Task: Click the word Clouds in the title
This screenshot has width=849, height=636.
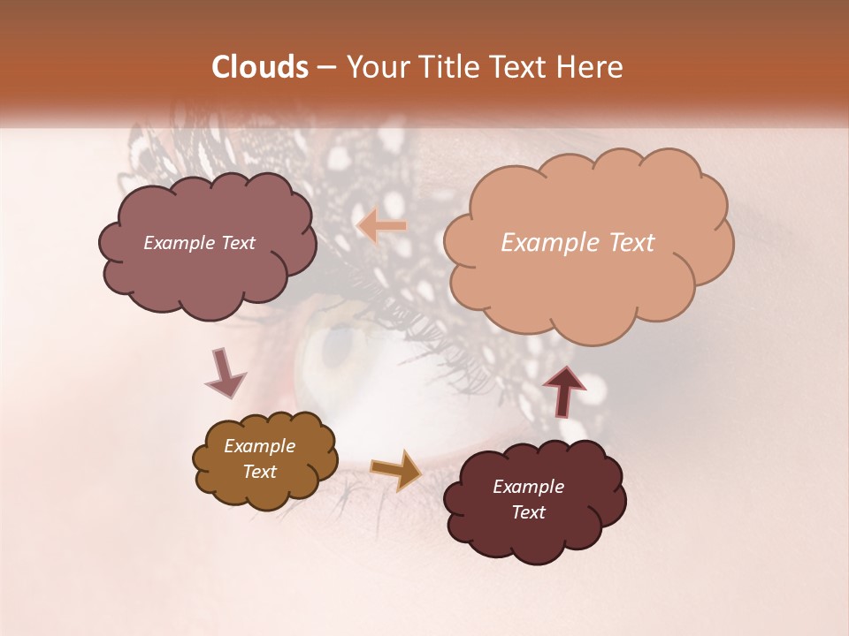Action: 260,67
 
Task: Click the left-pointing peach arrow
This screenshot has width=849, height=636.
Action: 382,227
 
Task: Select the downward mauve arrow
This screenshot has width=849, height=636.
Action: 225,372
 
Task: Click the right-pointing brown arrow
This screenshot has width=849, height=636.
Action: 396,469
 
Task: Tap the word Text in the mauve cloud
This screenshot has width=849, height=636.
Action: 236,243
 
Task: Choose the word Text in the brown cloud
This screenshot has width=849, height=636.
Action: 259,472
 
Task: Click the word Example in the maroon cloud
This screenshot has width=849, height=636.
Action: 528,487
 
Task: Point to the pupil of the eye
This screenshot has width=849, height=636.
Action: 334,347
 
